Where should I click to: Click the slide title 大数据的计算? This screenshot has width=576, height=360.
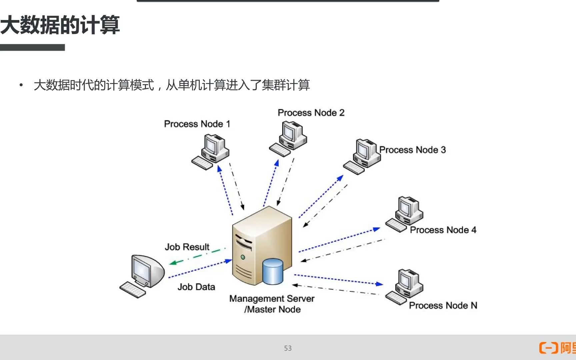click(x=60, y=25)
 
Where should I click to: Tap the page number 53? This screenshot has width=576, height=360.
click(x=288, y=348)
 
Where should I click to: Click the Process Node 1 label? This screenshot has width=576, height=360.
click(x=197, y=124)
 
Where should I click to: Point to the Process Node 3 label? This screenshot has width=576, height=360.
click(x=412, y=150)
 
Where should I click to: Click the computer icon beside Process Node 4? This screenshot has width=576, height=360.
click(x=405, y=213)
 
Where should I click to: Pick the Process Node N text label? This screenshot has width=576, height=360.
click(x=443, y=305)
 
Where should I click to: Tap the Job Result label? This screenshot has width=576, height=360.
click(x=187, y=247)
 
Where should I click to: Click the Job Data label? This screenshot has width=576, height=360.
click(x=196, y=287)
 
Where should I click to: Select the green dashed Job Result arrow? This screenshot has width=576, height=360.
click(x=197, y=256)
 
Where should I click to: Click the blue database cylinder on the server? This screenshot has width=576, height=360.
click(x=273, y=271)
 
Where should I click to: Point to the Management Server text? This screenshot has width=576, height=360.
click(x=272, y=299)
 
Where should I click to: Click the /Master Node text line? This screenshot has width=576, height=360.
click(x=272, y=310)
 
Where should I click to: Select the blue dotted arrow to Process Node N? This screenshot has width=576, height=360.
click(x=338, y=280)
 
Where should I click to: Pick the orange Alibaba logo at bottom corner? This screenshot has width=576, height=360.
click(x=557, y=348)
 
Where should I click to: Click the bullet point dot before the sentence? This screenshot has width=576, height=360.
click(x=21, y=85)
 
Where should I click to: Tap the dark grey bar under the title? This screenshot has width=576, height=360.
click(x=32, y=48)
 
